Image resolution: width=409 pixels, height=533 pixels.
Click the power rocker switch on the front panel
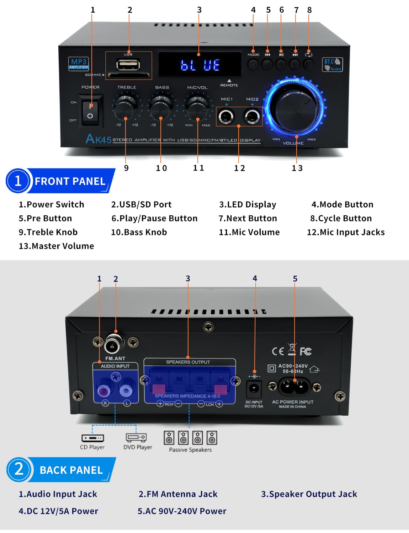pyautogui.click(x=90, y=111)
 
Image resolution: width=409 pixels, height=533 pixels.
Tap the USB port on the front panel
pyautogui.click(x=128, y=65)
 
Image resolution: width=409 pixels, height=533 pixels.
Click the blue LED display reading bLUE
pyautogui.click(x=200, y=65)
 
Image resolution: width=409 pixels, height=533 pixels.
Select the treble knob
pyautogui.click(x=126, y=106)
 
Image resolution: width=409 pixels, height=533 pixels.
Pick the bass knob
pyautogui.click(x=161, y=106)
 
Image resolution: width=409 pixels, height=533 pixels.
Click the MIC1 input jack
pyautogui.click(x=226, y=116)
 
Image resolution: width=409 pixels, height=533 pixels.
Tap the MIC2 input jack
pyautogui.click(x=252, y=116)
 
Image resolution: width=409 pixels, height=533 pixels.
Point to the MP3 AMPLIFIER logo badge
pyautogui.click(x=79, y=64)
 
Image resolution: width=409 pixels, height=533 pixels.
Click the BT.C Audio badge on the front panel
pyautogui.click(x=332, y=65)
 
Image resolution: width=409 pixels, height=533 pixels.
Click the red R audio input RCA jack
pyautogui.click(x=104, y=391)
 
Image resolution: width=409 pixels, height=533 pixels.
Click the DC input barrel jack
pyautogui.click(x=254, y=388)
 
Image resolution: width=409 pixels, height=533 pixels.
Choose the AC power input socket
pyautogui.click(x=294, y=386)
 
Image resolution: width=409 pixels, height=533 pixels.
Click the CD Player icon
pyautogui.click(x=92, y=438)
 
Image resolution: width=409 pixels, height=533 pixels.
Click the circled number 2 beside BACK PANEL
pyautogui.click(x=19, y=469)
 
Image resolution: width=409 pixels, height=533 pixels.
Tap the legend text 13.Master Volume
pyautogui.click(x=56, y=246)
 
